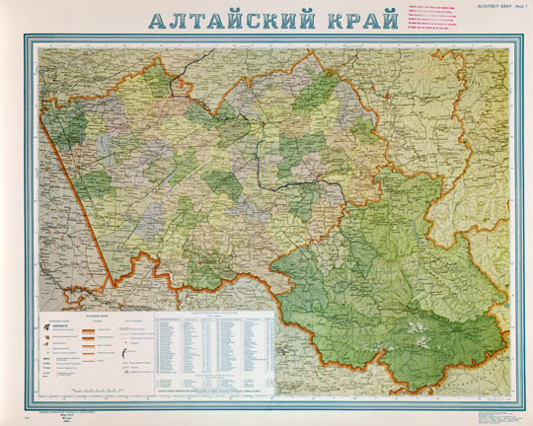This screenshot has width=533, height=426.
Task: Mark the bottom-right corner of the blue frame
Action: coord(507,406)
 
